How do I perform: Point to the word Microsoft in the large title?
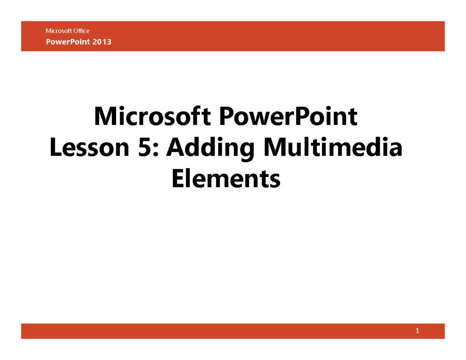coord(153,118)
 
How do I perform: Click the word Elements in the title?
coord(225,179)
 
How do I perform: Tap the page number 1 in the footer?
coord(417,331)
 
